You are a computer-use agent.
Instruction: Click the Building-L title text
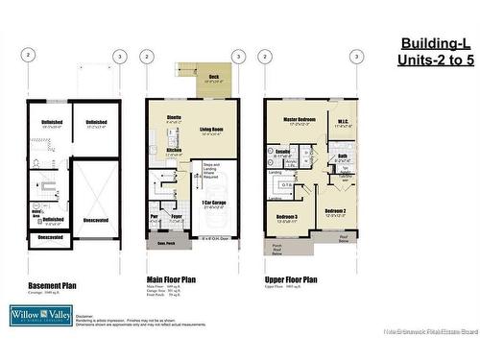click(x=435, y=44)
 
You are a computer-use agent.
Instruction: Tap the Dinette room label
click(x=174, y=117)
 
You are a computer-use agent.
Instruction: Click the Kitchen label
click(x=173, y=150)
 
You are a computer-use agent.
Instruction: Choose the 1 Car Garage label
click(x=214, y=202)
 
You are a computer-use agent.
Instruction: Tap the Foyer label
click(x=177, y=216)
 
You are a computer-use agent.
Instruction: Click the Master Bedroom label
click(x=301, y=120)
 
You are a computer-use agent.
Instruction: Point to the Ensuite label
click(x=283, y=151)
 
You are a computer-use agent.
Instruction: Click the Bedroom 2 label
click(x=335, y=210)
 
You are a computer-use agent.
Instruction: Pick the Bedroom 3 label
click(x=287, y=217)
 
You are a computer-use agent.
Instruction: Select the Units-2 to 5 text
click(x=435, y=60)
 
